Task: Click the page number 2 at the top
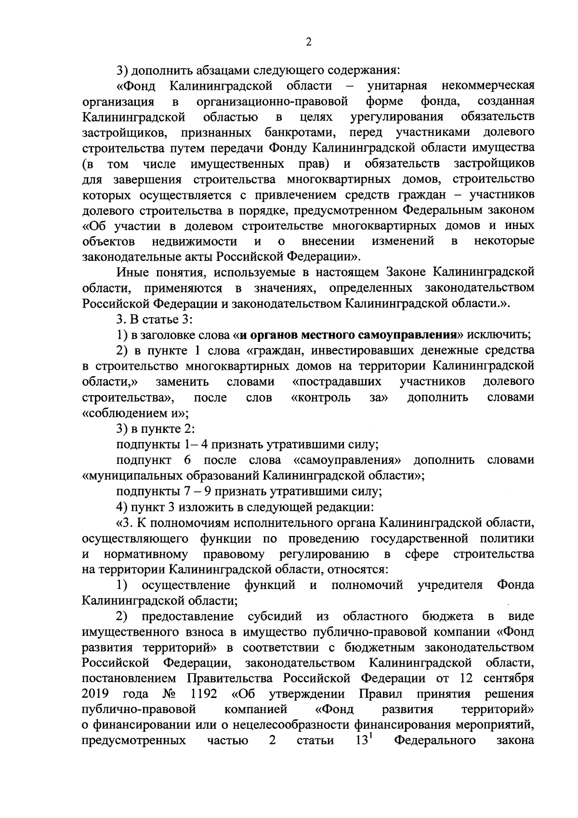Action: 309,42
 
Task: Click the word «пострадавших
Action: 337,382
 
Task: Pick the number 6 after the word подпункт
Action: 187,460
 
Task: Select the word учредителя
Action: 450,585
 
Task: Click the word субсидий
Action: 275,617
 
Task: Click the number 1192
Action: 203,694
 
